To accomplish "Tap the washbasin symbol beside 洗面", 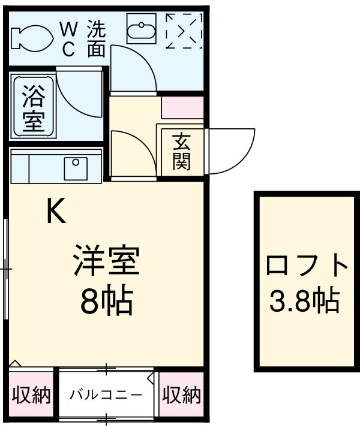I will pos(142,28).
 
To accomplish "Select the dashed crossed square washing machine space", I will pos(184,31).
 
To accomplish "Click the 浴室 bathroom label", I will pos(32,108).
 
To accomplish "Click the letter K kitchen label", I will pos(56,211).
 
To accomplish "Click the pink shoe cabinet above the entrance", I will pos(182,106).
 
